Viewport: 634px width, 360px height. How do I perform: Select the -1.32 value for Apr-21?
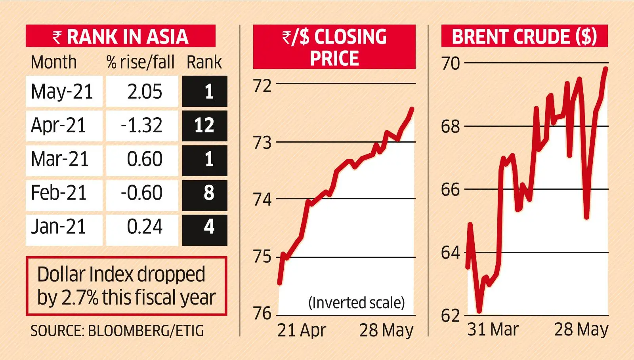coord(142,126)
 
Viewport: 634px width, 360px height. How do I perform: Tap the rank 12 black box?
coord(204,126)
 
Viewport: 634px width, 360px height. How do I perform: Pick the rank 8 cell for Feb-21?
coord(204,193)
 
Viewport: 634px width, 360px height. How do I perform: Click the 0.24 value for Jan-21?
coord(144,227)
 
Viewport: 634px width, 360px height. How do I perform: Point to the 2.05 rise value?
coord(144,91)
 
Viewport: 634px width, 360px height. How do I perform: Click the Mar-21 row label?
coord(60,160)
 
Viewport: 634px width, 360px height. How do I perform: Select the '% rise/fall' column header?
coord(140,62)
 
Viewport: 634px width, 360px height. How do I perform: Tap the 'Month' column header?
coord(54,62)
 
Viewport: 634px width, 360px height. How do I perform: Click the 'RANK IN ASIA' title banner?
coord(120,36)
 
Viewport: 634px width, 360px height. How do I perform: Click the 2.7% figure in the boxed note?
coord(79,297)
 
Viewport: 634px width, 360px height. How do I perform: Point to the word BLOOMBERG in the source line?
coord(129,331)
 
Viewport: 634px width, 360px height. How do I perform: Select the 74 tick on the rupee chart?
coord(263,199)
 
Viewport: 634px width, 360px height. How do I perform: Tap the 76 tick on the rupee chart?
coord(263,314)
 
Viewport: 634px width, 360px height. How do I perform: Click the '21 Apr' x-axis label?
coord(302,330)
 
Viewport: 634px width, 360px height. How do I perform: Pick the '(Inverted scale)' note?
coord(357,303)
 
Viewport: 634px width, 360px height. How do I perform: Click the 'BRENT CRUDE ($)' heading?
coord(524,36)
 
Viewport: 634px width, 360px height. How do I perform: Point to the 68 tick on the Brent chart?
coord(451,127)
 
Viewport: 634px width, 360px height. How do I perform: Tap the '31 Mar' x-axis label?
coord(493,330)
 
